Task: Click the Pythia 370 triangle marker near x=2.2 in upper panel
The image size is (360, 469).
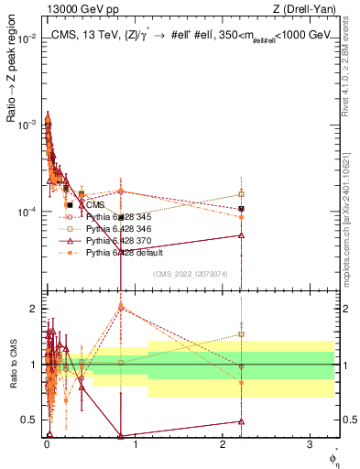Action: point(241,235)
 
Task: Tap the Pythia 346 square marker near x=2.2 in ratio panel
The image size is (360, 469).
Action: point(241,334)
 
